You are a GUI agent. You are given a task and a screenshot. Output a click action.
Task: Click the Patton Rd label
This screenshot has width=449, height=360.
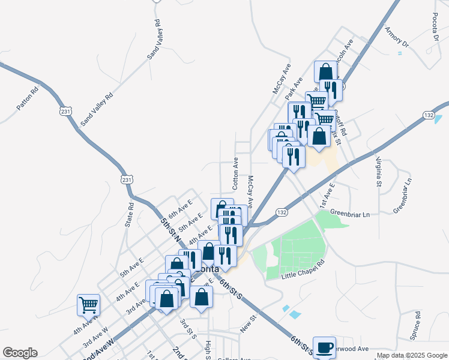28,99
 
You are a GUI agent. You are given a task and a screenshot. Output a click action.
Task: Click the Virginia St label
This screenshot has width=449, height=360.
379,171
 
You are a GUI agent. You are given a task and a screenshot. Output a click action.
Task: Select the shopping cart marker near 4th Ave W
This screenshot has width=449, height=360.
88,305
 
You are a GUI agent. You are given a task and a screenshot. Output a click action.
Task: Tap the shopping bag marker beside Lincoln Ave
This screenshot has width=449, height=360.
325,72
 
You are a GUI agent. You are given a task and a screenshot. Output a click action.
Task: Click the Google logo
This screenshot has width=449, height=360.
20,353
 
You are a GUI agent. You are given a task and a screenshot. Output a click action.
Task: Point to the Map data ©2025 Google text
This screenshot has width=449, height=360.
412,355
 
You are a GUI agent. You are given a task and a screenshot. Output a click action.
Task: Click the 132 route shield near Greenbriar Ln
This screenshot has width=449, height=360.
282,212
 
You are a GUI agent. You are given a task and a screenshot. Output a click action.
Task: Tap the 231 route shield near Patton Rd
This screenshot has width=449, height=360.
66,112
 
